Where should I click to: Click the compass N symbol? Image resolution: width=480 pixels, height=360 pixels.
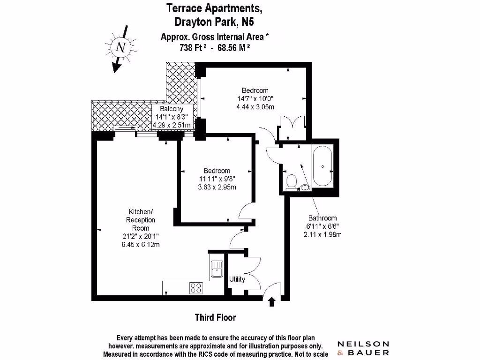tap(121, 47)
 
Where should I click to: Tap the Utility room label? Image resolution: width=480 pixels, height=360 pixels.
tap(237, 279)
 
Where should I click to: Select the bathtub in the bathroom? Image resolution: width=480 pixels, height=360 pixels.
tap(322, 166)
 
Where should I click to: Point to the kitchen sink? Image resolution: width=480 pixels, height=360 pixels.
tap(217, 269)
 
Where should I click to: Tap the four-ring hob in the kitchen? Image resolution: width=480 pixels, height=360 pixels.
tap(196, 288)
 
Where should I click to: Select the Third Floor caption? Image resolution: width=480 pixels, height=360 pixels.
tap(215, 317)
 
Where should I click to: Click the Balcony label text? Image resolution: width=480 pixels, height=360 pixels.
tap(171, 109)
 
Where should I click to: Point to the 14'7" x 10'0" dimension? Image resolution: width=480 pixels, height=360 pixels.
tap(255, 98)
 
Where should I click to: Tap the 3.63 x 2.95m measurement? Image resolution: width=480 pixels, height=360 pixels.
tap(217, 187)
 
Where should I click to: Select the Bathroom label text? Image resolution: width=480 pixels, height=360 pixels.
tap(322, 218)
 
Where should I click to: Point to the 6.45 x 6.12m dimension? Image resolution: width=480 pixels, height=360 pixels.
tap(141, 244)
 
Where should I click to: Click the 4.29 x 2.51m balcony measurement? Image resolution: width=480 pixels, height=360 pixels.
tap(172, 125)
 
